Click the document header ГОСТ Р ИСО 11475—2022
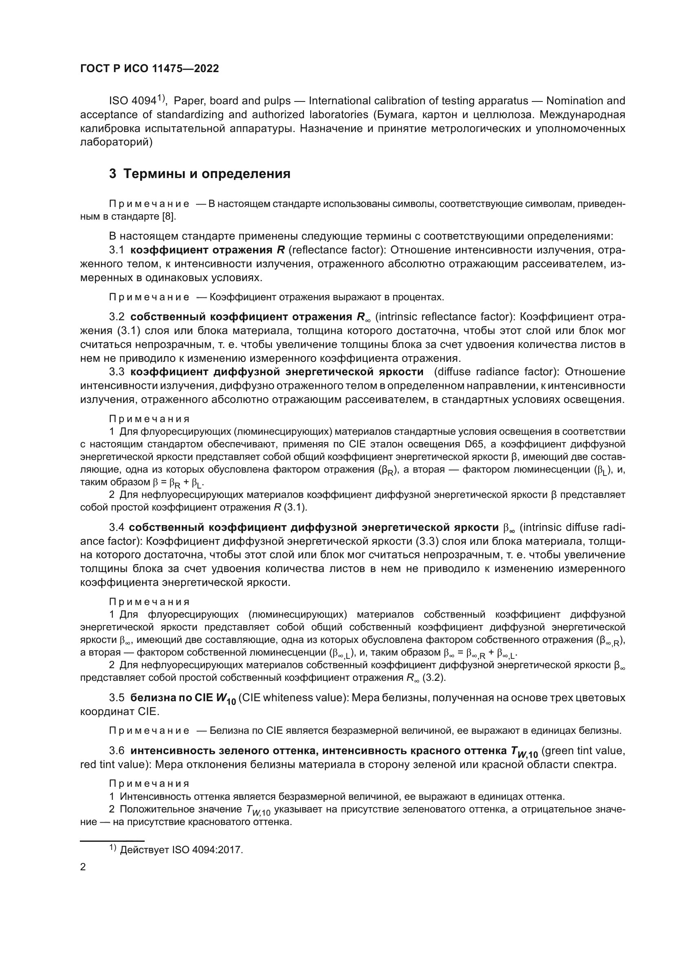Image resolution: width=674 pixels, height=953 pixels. point(150,68)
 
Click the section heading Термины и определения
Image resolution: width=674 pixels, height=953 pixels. point(200,174)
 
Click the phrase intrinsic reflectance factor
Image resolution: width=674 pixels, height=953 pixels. point(445,317)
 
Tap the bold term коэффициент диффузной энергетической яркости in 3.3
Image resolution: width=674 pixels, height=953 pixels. point(277,372)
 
